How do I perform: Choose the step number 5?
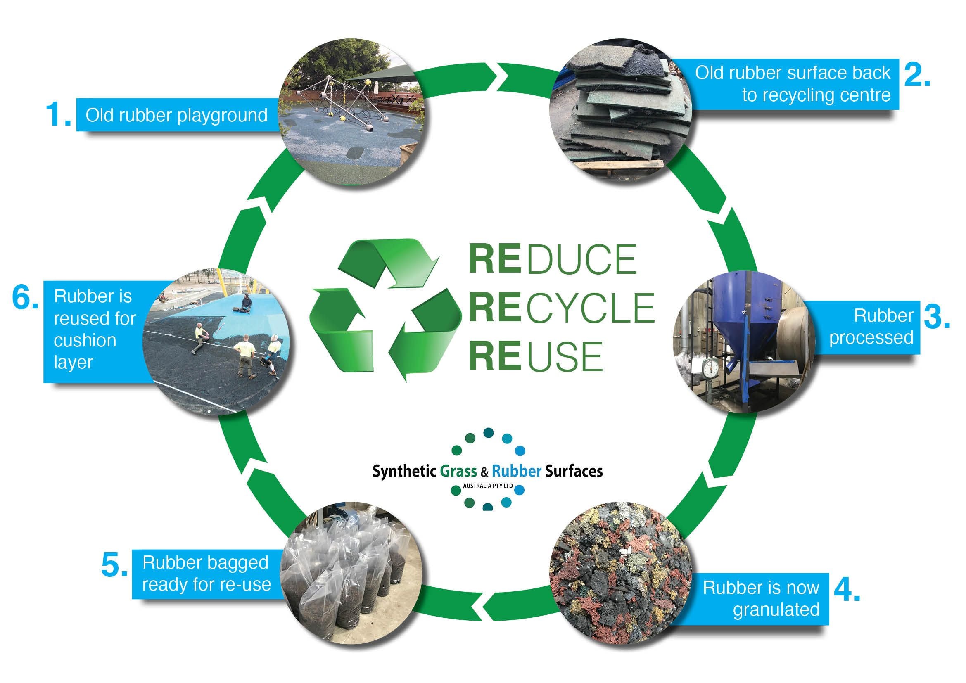coord(114,565)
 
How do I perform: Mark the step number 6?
coord(25,298)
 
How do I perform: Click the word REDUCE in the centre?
coord(553,259)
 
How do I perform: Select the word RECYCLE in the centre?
coord(561,308)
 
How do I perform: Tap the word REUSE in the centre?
coord(536,357)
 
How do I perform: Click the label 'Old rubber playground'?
coord(177,115)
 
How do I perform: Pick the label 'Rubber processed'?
coord(871,327)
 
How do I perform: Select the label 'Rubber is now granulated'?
coord(761,598)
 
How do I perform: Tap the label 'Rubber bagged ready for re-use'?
coord(206,574)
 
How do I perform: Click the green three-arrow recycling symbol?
coord(385,309)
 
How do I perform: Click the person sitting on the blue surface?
coord(245,304)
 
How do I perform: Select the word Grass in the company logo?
coord(458,471)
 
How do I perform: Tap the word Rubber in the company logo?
coord(516,471)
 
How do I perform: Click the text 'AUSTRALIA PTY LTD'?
coord(488,486)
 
